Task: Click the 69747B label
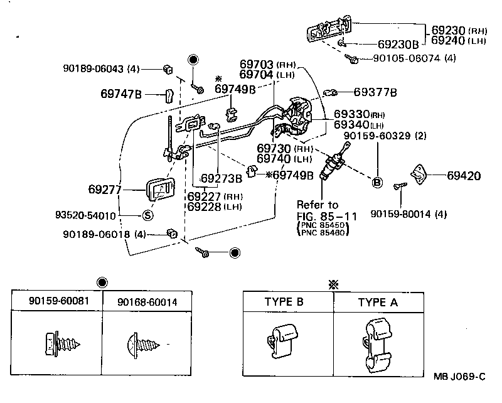(121, 95)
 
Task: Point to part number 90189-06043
(94, 68)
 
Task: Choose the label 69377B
(375, 93)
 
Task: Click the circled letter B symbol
(377, 182)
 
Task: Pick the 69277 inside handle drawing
(161, 190)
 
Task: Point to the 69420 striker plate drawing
(417, 171)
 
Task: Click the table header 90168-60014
(147, 302)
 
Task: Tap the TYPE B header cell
(284, 302)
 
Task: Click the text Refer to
(318, 205)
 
